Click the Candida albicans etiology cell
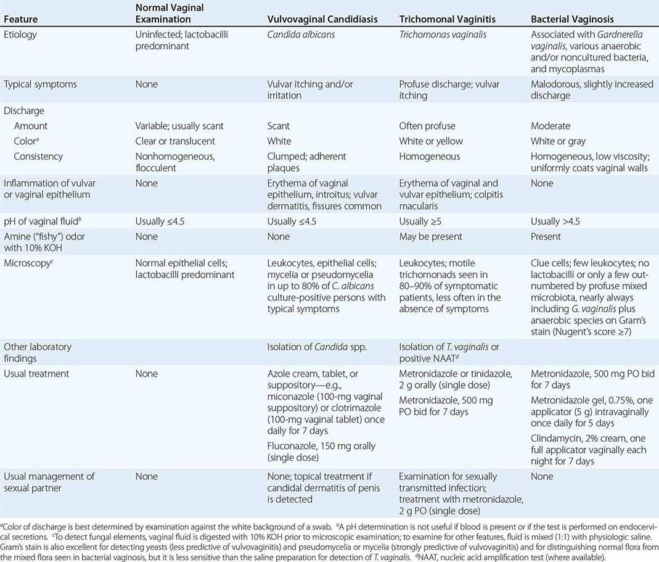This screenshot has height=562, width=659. coord(301,35)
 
